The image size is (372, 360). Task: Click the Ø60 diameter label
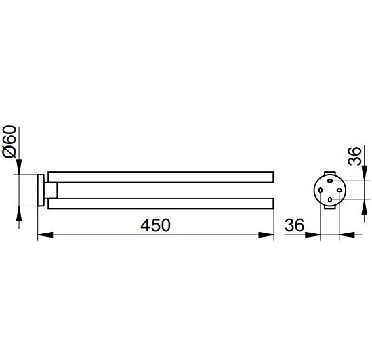9,141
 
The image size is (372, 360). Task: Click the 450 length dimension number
155,225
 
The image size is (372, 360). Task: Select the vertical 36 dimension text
354,156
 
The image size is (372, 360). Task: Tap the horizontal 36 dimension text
295,225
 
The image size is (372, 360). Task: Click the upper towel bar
161,177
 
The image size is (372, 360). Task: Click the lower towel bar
161,203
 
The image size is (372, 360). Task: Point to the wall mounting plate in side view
41,190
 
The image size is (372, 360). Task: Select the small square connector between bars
51,190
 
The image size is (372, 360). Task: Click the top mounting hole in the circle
330,181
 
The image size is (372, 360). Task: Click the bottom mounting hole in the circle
330,200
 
